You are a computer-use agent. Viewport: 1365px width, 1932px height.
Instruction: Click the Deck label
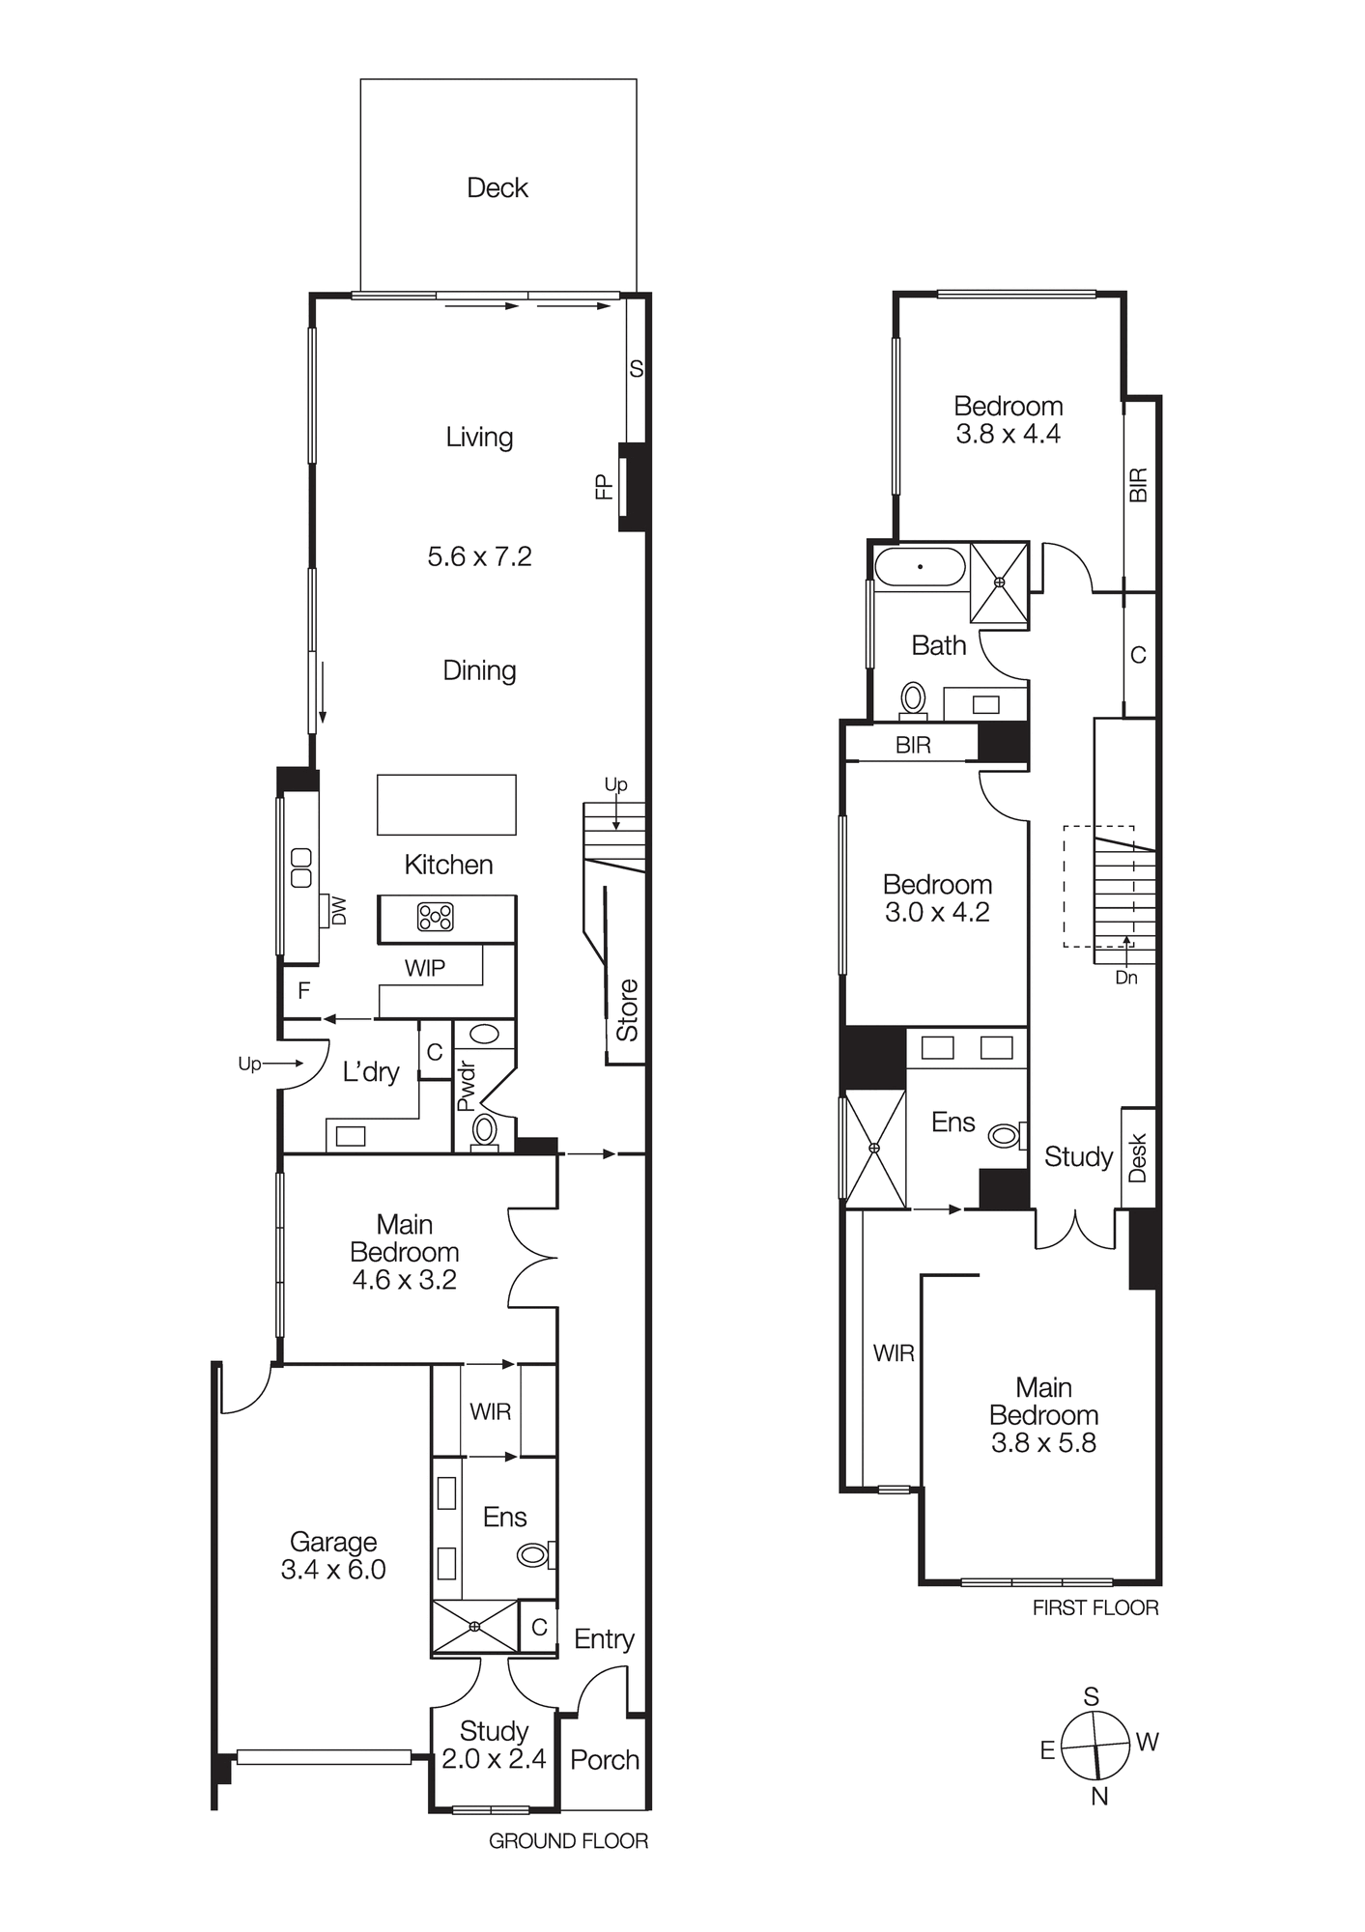[x=497, y=187]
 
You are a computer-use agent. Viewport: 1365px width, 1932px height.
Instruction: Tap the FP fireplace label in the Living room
[x=605, y=486]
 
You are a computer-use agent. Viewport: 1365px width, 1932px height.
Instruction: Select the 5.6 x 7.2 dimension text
[x=479, y=556]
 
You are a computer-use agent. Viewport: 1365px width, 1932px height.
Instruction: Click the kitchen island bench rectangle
[x=446, y=804]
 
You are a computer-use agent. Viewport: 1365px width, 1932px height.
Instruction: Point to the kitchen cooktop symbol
[x=435, y=917]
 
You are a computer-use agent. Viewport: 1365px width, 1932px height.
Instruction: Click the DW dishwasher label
[x=339, y=911]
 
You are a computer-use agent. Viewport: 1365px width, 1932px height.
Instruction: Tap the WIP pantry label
[x=424, y=968]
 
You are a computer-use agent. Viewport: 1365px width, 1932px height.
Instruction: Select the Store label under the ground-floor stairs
[x=628, y=1010]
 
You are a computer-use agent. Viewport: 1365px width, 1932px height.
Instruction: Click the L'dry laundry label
[x=371, y=1071]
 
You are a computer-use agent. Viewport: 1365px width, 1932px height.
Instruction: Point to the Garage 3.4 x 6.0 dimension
[x=333, y=1570]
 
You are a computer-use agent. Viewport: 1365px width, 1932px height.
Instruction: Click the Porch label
[x=605, y=1760]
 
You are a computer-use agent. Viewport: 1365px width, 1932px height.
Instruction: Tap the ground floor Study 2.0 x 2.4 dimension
[x=494, y=1759]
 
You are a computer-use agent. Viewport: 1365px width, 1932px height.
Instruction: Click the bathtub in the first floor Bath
[x=920, y=567]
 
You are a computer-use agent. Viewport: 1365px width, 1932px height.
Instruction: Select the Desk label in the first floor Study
[x=1138, y=1157]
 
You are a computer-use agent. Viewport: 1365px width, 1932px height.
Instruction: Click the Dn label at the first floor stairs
[x=1126, y=978]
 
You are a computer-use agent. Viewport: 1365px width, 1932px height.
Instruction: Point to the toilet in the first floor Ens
[x=1006, y=1136]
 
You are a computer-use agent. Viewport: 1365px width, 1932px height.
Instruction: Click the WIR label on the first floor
[x=894, y=1353]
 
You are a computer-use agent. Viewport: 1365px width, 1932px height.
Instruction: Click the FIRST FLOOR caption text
[x=1095, y=1607]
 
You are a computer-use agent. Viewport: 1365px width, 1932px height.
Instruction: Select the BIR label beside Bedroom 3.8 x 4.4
[x=1139, y=485]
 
